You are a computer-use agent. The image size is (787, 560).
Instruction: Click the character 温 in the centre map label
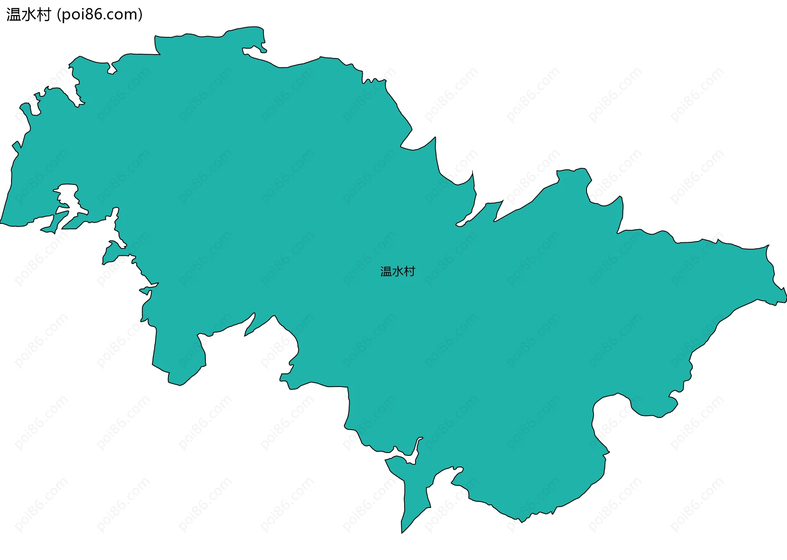(x=386, y=271)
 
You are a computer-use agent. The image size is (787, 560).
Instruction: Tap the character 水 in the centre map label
(x=398, y=271)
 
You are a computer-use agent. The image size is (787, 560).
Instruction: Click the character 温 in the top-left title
(x=14, y=15)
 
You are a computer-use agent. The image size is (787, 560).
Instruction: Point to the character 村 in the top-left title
(x=43, y=15)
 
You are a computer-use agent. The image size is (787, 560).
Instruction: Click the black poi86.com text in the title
(x=100, y=15)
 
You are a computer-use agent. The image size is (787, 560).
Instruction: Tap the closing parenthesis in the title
(x=141, y=15)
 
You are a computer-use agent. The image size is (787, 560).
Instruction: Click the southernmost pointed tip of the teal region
(x=402, y=532)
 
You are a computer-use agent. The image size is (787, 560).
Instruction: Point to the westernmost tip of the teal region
(x=1, y=223)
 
